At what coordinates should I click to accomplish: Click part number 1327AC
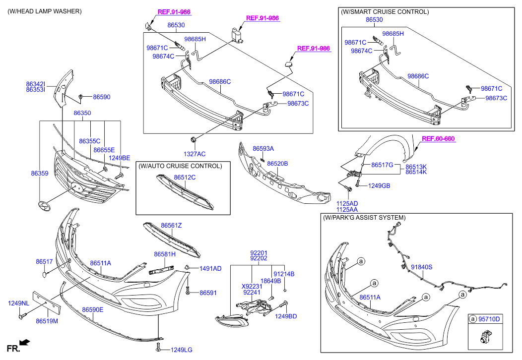[x=195, y=154]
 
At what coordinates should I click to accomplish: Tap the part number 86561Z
[x=171, y=226]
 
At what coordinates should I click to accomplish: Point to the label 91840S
[x=421, y=267]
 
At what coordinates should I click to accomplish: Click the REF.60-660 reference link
[x=438, y=139]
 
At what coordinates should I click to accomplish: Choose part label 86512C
[x=185, y=177]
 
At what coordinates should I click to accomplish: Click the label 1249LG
[x=181, y=350]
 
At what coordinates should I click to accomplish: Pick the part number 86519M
[x=47, y=321]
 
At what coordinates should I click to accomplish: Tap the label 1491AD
[x=210, y=268]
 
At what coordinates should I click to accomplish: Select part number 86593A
[x=263, y=148]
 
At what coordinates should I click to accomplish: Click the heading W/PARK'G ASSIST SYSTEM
[x=364, y=218]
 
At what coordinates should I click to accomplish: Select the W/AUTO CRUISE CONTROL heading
[x=180, y=166]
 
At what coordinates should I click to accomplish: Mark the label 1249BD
[x=286, y=316]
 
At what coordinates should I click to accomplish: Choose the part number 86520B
[x=277, y=163]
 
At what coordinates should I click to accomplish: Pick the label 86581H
[x=165, y=254]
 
